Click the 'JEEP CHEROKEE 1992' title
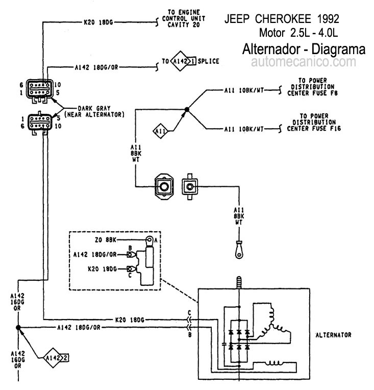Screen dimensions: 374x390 point(282,19)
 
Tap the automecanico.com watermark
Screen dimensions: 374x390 point(304,61)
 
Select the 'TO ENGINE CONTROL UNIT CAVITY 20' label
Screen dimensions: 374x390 point(184,18)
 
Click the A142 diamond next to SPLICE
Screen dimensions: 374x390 point(180,61)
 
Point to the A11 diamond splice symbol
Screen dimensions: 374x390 point(160,131)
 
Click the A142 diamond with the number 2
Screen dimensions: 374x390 point(53,358)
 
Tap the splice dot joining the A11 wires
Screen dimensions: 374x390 point(187,109)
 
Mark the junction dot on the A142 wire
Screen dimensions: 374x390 point(18,328)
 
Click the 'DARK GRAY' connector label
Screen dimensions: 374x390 point(94,108)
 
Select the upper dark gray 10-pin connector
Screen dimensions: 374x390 point(40,89)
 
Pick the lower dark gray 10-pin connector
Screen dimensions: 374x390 point(40,123)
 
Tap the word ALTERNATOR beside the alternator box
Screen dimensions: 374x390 point(334,335)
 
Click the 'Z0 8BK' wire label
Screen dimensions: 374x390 point(106,240)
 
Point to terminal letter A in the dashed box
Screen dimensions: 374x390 point(156,240)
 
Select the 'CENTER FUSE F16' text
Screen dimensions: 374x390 point(314,129)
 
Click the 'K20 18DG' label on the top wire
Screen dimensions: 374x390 point(98,22)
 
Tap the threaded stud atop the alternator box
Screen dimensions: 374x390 point(239,282)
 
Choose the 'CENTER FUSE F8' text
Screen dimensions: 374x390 point(312,93)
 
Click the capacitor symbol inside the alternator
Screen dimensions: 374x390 point(225,345)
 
